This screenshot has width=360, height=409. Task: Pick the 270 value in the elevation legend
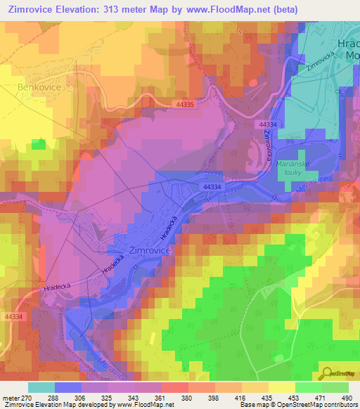point(28,397)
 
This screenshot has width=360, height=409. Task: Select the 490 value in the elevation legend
point(345,397)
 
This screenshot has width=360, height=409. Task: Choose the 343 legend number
point(134,397)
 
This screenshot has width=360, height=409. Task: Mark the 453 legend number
point(293,397)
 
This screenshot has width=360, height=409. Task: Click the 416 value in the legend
point(240,397)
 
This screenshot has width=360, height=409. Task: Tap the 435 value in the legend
point(267,397)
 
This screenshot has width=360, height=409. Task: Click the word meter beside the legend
point(11,397)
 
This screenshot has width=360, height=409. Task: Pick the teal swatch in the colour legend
point(41,387)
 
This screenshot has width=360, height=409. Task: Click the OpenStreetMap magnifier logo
point(326,374)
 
